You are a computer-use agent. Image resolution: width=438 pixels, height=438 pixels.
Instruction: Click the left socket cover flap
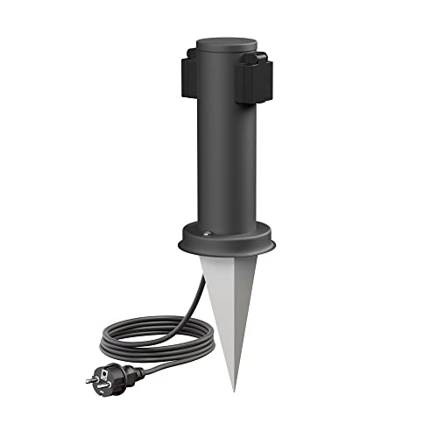click(195, 74)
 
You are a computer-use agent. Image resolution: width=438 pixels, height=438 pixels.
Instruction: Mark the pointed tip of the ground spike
click(234, 388)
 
